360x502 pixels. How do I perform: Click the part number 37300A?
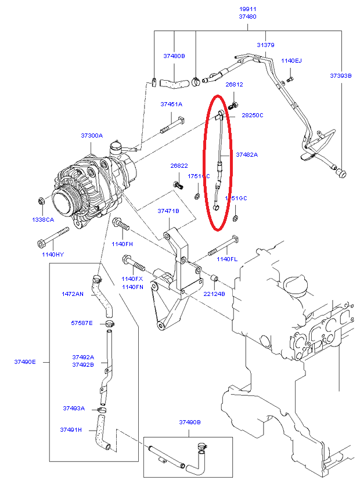tap(92, 135)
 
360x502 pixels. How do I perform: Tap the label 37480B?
tap(174, 56)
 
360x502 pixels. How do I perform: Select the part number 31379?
tap(265, 45)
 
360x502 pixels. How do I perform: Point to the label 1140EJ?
tap(291, 60)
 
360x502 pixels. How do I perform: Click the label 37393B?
tap(341, 75)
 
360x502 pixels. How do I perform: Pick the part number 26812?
tap(234, 84)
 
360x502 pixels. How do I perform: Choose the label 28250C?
tap(253, 115)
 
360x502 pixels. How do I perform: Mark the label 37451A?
tap(171, 104)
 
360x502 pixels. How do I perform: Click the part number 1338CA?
tap(42, 220)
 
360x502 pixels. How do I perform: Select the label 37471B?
tap(168, 211)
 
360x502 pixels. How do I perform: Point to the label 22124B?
tap(214, 294)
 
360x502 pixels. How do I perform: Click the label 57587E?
tap(82, 322)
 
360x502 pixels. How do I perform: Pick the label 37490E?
tap(25, 362)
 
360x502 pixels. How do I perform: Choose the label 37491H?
tap(71, 429)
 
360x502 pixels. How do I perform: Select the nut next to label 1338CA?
tap(41, 201)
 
